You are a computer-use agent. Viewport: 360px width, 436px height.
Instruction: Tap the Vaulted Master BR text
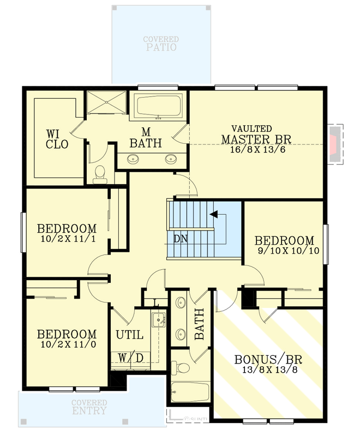256,134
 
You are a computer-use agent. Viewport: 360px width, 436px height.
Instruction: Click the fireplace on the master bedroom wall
334,144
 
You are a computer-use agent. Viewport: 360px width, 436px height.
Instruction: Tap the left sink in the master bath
133,159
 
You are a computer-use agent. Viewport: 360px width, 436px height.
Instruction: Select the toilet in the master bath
99,173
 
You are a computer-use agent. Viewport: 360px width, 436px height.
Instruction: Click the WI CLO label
57,139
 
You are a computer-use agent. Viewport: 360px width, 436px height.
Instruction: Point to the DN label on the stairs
181,238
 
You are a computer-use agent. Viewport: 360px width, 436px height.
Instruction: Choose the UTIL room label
129,335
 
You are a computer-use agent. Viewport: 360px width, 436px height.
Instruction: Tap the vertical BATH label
199,324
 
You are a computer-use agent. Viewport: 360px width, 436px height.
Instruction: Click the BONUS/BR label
268,360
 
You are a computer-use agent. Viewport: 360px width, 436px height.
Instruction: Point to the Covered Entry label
89,407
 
